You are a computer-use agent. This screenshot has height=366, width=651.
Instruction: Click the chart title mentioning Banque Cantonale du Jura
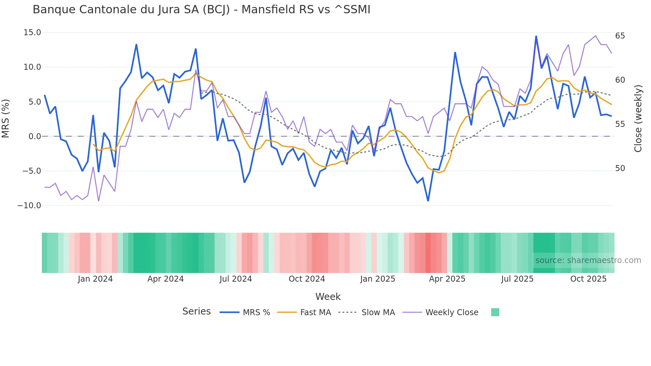coord(201,10)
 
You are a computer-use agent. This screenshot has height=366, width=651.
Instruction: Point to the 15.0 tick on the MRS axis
coord(32,33)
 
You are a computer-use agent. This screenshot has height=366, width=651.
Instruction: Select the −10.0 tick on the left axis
coord(29,206)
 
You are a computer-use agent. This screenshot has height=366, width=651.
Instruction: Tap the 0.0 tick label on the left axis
coord(35,137)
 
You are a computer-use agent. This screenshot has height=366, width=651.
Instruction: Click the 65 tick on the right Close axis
coord(620,36)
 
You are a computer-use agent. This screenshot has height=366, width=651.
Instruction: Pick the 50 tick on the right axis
coord(620,168)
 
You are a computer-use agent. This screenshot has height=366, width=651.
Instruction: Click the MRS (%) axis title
coord(6,119)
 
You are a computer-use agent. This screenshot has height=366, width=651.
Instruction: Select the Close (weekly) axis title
coord(638,119)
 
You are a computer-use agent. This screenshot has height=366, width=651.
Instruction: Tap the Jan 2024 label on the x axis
coord(95,279)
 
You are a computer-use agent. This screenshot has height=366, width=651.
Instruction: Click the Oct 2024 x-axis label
coord(307,279)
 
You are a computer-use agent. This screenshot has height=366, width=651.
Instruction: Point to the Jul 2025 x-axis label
coord(517,279)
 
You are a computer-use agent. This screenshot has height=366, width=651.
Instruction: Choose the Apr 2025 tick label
coord(447,279)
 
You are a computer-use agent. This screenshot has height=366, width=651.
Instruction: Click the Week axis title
coord(328,297)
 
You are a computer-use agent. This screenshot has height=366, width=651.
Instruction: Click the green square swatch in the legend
coord(495,312)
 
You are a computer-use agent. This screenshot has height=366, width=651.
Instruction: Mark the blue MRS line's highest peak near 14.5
coord(536,36)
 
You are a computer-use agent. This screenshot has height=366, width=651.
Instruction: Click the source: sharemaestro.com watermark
coord(588,260)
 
